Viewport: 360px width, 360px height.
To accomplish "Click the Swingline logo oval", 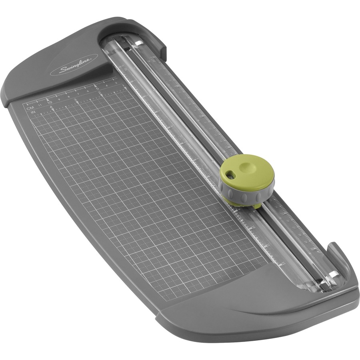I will pos(74,64).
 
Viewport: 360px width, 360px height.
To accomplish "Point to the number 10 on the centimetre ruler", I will pos(50,102).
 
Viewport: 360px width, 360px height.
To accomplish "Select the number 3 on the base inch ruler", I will pos(75,100).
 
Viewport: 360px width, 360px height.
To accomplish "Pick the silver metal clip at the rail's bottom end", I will pos(332,275).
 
